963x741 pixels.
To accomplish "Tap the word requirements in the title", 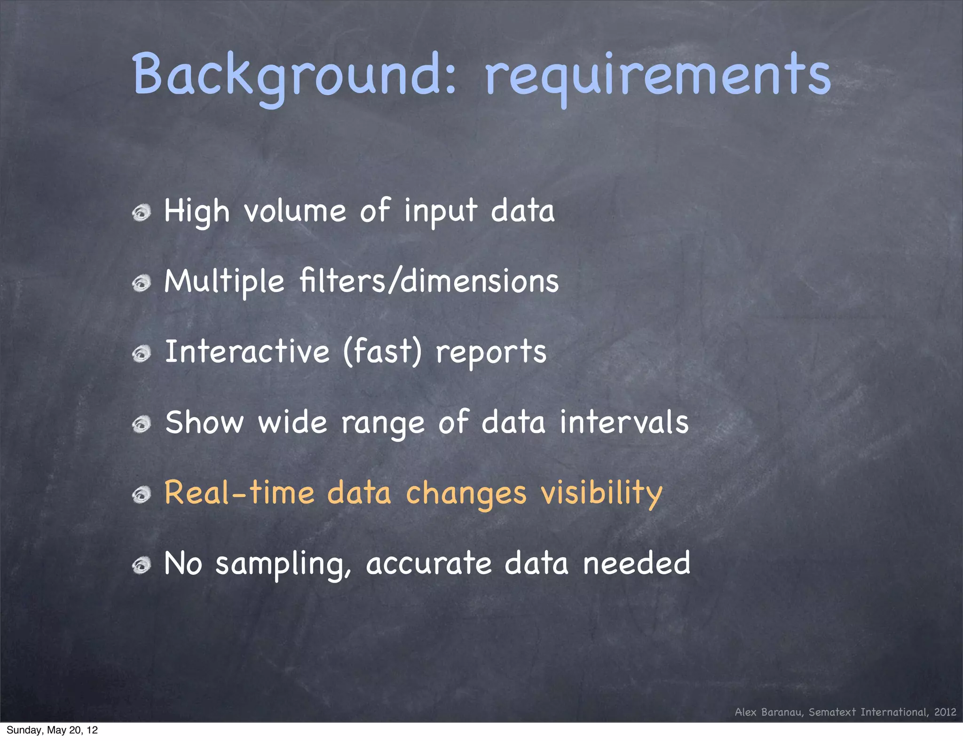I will pos(657,75).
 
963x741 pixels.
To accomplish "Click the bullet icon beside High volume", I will pos(141,213).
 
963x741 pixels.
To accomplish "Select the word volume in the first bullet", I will pos(295,211).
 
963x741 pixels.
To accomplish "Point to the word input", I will pos(441,211).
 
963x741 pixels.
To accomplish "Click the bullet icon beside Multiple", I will pos(141,284).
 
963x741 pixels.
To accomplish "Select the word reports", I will pos(491,353).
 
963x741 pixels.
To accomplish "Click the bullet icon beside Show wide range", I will pos(141,425).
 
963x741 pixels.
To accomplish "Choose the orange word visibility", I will pos(601,494).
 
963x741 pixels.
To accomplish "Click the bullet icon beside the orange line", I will pos(141,495).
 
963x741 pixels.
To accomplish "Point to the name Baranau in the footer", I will pos(782,712).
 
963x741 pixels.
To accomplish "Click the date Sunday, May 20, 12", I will pos(52,730).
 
